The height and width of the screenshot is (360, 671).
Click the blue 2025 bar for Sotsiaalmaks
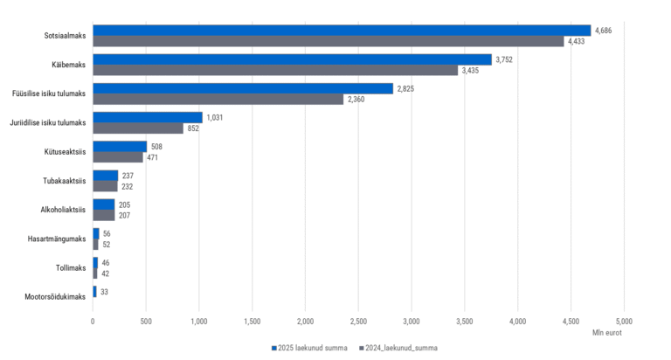click(x=341, y=31)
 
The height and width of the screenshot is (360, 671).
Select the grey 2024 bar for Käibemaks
click(x=275, y=70)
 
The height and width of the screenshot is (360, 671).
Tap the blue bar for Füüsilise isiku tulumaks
click(x=243, y=88)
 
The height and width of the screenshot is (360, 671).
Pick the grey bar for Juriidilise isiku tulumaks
click(x=138, y=128)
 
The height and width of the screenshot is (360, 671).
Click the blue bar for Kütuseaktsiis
click(x=120, y=146)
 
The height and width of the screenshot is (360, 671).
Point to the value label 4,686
click(x=604, y=31)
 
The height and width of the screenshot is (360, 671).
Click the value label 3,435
click(x=473, y=70)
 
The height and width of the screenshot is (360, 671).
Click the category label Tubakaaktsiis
click(x=65, y=181)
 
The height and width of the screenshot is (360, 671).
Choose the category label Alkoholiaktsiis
click(x=63, y=210)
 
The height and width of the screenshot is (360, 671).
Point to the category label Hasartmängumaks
click(x=58, y=239)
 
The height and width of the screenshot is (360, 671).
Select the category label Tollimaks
click(x=71, y=267)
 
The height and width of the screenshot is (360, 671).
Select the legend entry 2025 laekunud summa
click(x=313, y=347)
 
